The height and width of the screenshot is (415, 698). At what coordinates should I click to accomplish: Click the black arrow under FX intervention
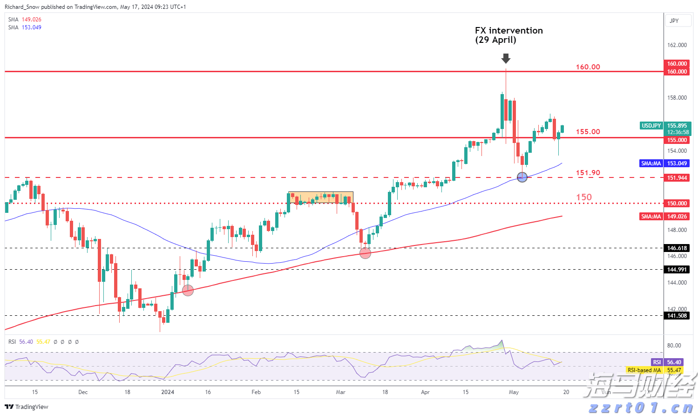(506, 59)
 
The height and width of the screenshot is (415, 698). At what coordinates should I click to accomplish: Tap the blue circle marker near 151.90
(522, 177)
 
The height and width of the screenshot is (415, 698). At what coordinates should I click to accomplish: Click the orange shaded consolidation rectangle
(320, 197)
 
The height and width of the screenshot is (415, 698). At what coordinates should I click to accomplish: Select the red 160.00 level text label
(588, 67)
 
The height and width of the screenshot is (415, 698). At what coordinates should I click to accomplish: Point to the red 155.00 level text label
(588, 132)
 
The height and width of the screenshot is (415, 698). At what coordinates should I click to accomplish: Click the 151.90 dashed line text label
(588, 173)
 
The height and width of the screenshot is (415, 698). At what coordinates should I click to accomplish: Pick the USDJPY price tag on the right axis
(651, 126)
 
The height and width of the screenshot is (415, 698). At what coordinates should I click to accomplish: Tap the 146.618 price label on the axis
(677, 248)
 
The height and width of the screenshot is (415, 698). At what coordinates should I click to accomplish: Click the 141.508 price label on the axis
(677, 316)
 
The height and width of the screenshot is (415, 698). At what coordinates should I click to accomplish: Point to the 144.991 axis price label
(677, 270)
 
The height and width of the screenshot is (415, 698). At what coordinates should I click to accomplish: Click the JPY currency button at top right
(674, 21)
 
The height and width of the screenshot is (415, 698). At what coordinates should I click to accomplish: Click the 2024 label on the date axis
(168, 392)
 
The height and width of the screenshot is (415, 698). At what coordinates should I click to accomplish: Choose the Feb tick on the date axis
(256, 392)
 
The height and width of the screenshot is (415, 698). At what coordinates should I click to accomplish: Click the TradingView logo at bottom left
(27, 407)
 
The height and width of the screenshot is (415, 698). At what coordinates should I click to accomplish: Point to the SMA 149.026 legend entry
(25, 20)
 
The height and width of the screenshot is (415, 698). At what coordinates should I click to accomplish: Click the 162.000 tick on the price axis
(677, 45)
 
